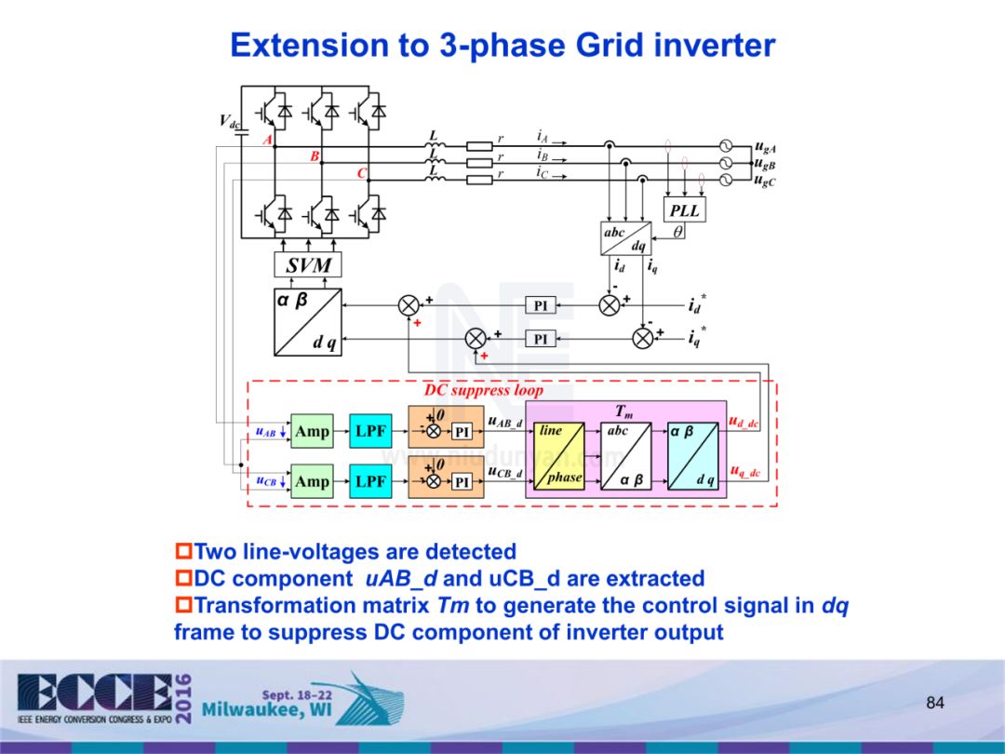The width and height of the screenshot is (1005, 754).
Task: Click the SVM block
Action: click(308, 265)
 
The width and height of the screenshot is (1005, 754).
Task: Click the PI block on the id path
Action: click(541, 306)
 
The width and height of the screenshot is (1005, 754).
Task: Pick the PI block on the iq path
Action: click(541, 339)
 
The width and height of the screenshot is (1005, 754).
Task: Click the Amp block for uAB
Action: click(312, 432)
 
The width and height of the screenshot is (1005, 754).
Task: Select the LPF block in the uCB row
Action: click(370, 481)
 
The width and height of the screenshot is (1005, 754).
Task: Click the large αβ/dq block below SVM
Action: click(307, 321)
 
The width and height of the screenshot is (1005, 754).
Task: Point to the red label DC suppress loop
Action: click(483, 391)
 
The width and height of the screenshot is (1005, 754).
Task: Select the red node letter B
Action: click(315, 157)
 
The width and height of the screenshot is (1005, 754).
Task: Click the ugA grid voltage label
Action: click(766, 147)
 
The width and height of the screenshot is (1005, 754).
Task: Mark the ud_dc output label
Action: click(744, 424)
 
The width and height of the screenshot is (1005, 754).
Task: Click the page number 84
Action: click(935, 702)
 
